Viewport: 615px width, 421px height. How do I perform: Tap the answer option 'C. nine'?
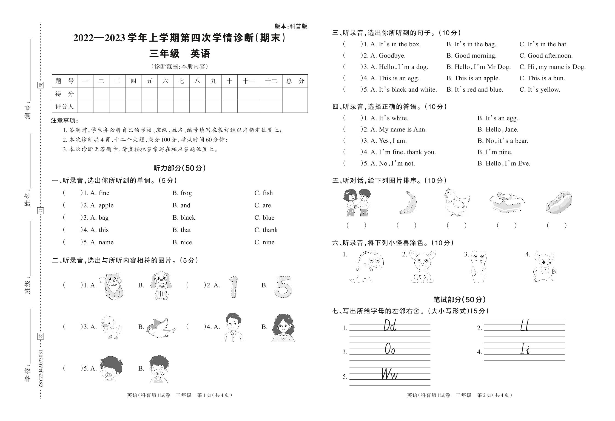264,242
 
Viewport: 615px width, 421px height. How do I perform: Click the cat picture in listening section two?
112,286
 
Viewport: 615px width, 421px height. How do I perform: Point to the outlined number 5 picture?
283,287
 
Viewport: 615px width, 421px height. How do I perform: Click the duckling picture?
110,327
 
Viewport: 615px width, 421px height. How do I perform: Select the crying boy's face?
159,369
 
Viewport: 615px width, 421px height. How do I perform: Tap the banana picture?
408,203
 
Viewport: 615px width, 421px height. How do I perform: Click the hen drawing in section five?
456,203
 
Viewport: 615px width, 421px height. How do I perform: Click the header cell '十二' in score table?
271,81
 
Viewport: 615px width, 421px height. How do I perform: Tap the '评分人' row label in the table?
64,106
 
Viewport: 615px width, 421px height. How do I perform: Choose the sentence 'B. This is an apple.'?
473,78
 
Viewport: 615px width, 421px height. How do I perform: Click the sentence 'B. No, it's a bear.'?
502,141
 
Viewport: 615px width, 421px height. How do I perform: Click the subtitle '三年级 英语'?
180,54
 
